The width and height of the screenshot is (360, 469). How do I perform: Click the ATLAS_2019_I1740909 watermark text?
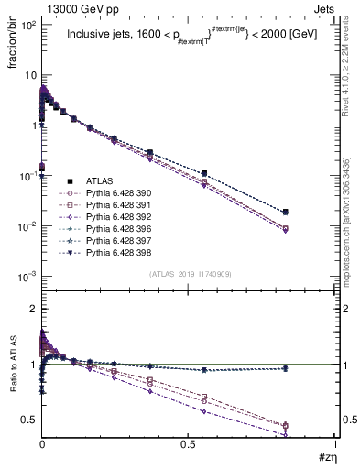(189, 274)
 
